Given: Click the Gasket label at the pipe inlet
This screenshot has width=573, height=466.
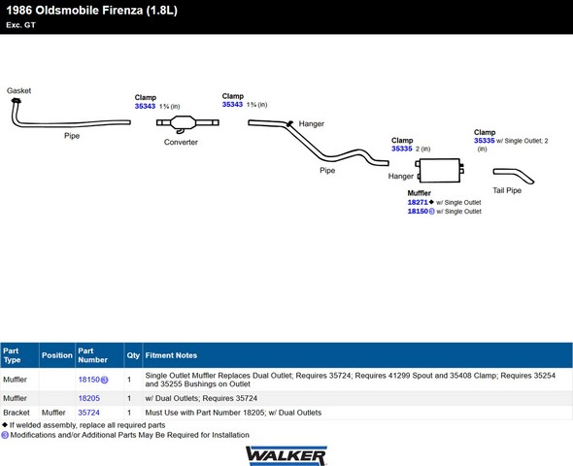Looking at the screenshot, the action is tap(18, 90).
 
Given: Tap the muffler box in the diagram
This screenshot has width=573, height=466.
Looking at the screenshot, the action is tap(440, 170).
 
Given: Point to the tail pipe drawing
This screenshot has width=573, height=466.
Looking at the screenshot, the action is tap(514, 176).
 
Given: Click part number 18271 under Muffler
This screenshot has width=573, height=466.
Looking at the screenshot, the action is tap(418, 202).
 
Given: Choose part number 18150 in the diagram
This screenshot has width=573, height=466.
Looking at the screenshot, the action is tap(418, 211).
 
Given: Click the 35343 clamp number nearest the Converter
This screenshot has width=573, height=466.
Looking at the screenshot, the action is tap(145, 106).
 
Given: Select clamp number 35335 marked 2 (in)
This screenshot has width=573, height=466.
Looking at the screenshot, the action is tap(402, 149).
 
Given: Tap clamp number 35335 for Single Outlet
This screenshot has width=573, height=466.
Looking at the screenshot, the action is tap(485, 141).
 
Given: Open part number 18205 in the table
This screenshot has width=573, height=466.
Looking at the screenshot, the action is tap(88, 398).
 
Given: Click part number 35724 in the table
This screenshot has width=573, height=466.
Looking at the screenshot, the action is tap(88, 413).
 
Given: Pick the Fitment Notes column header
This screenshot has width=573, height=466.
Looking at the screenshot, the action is tap(171, 355).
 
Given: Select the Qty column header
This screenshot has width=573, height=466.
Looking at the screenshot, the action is tap(133, 355).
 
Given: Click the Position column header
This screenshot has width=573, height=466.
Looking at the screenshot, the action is tap(57, 355).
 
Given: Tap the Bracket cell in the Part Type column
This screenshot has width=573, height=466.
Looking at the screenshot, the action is tap(17, 413).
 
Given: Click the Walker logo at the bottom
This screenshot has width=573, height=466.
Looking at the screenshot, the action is tap(286, 455).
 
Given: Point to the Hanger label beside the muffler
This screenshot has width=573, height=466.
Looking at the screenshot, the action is tap(400, 176).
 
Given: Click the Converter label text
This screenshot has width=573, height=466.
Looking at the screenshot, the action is tap(181, 142).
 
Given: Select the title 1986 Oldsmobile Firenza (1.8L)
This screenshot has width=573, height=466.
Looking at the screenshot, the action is tap(91, 11).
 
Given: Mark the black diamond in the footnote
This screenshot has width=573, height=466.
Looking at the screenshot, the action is tap(5, 424).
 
